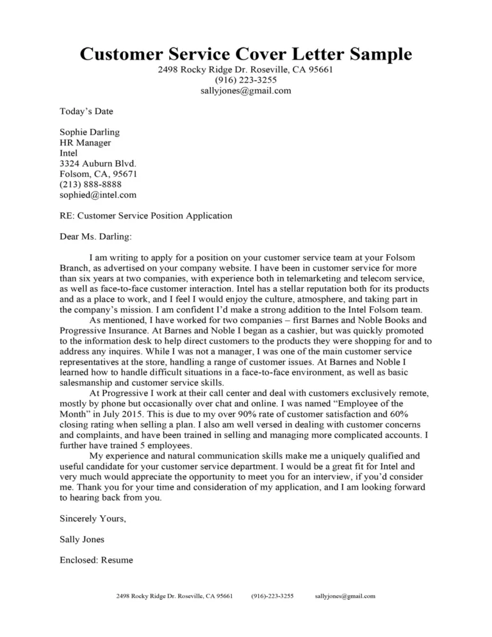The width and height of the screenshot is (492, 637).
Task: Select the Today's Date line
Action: click(x=86, y=112)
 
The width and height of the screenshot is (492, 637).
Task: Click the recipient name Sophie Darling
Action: click(x=89, y=133)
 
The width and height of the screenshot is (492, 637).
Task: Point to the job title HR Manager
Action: click(x=85, y=143)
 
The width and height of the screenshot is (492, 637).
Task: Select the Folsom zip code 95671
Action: click(x=124, y=174)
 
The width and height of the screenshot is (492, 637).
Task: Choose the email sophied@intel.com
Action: click(x=97, y=194)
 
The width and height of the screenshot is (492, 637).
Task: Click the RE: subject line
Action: click(x=145, y=216)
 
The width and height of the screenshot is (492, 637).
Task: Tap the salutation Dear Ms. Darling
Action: click(x=95, y=236)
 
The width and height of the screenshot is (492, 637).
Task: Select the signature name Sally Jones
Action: click(x=82, y=540)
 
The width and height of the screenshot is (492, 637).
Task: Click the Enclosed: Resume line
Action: click(x=96, y=560)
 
